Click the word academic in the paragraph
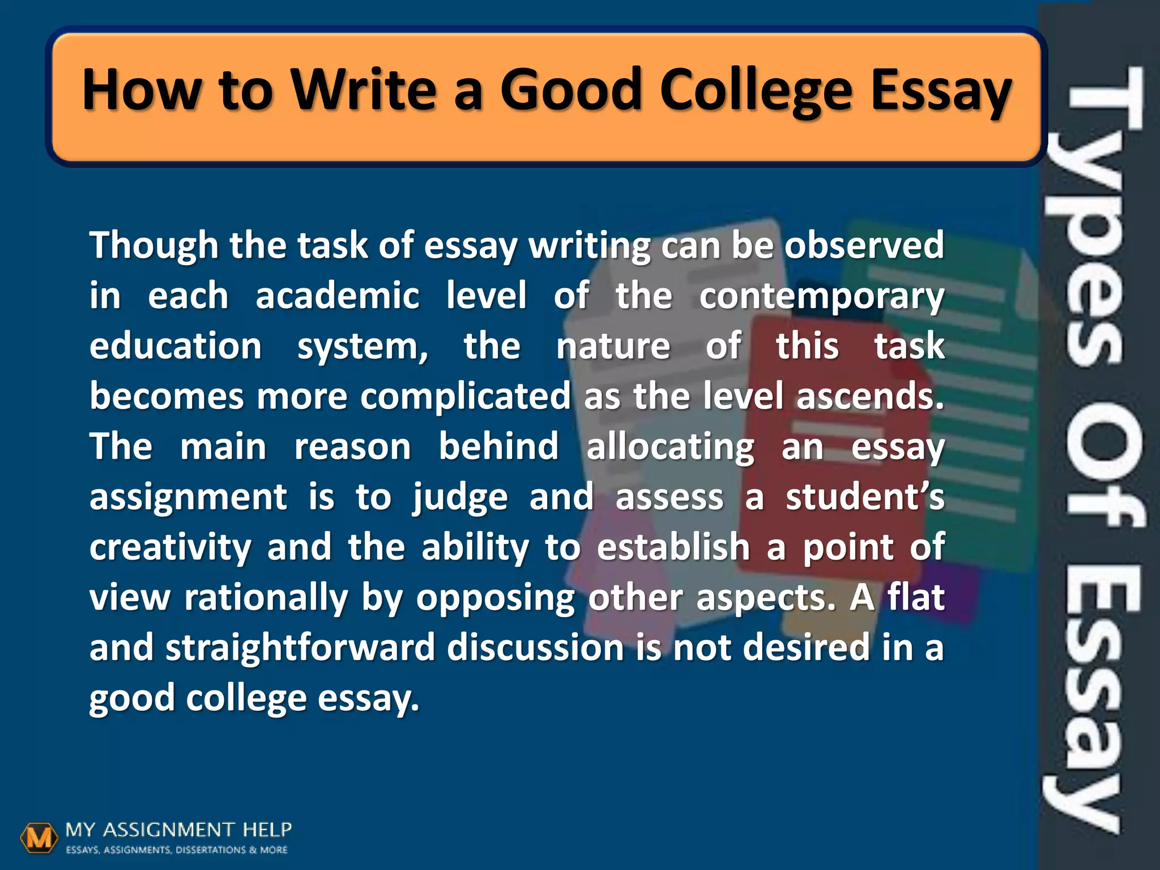pos(338,296)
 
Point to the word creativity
pos(170,548)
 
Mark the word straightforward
pos(300,648)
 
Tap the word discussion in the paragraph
pos(535,648)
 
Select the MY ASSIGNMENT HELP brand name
pos(178,830)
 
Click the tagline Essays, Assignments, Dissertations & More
pos(177,850)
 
